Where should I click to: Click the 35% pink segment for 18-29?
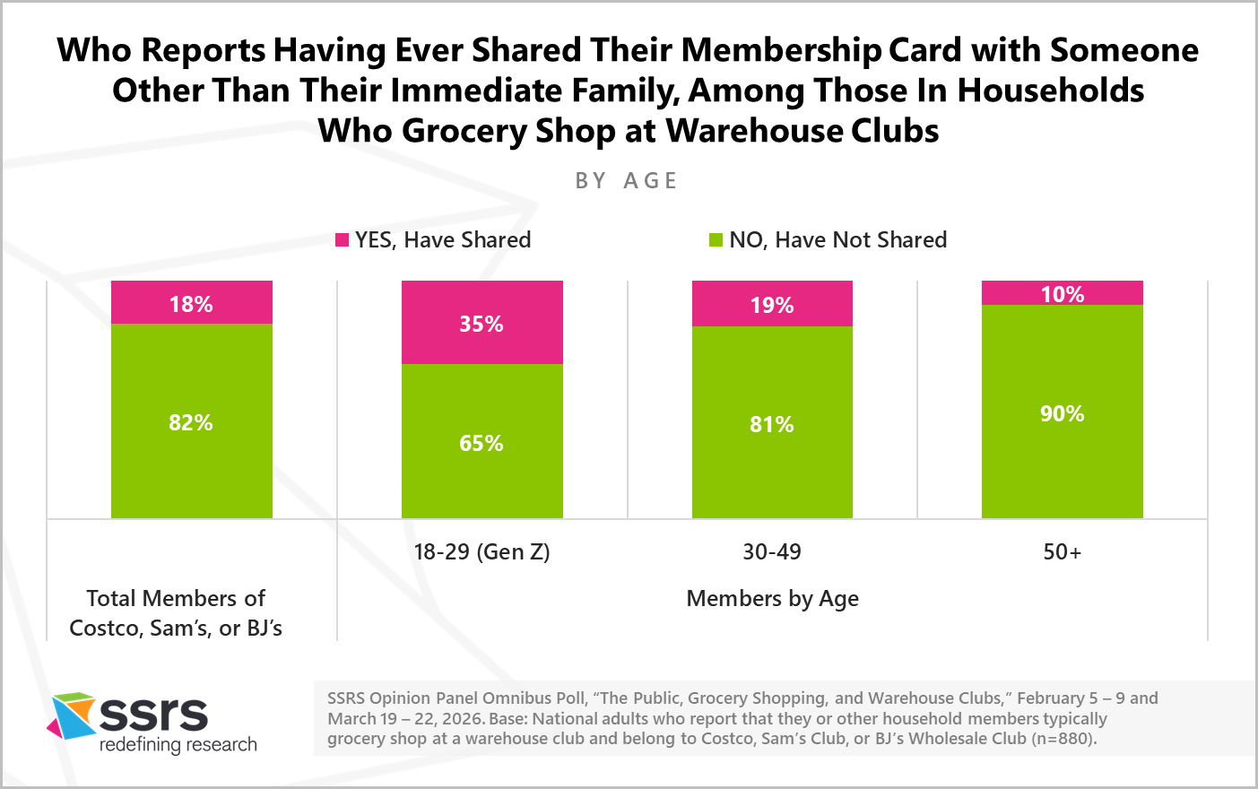[x=482, y=323]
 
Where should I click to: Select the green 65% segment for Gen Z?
[x=482, y=441]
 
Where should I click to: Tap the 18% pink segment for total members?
[x=191, y=303]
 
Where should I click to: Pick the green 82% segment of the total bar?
[x=191, y=421]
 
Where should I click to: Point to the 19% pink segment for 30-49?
[x=772, y=305]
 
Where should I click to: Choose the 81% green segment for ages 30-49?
[x=772, y=423]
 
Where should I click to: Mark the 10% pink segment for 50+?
[x=1062, y=293]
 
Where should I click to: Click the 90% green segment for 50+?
[x=1062, y=412]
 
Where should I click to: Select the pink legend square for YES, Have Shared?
[x=342, y=240]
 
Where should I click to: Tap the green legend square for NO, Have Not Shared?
[x=716, y=240]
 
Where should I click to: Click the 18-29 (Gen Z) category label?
[x=482, y=551]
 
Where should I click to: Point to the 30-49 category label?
[x=772, y=551]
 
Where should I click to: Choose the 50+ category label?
[x=1062, y=551]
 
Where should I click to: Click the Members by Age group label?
[x=772, y=598]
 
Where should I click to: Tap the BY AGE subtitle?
[x=626, y=181]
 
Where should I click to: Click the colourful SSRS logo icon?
[x=72, y=715]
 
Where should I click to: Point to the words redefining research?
[x=178, y=745]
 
